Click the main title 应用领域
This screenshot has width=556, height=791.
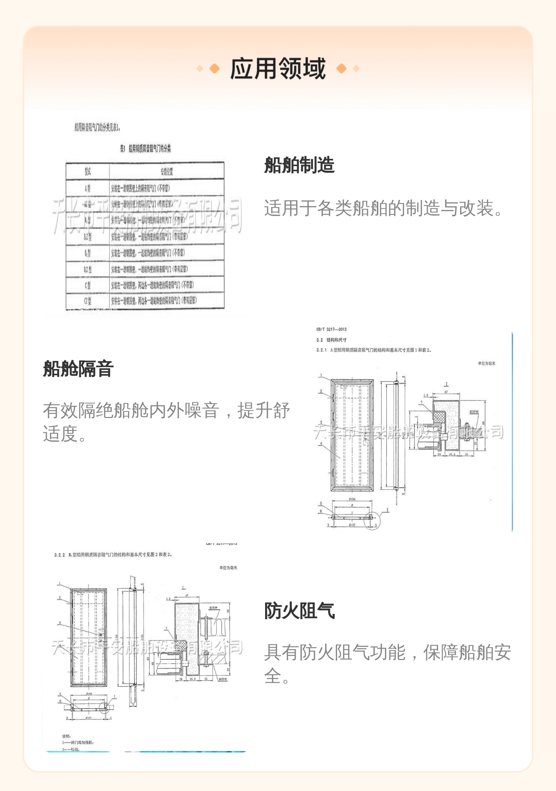(x=278, y=69)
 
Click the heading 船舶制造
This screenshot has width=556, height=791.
(x=299, y=165)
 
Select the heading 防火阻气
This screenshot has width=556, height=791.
(x=299, y=611)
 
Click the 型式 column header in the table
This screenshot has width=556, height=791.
(x=87, y=172)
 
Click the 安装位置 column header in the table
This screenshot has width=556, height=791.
(x=167, y=172)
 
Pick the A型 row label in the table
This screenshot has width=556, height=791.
(x=87, y=189)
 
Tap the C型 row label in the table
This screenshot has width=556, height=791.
(x=87, y=285)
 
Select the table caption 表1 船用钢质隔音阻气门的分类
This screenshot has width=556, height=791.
(x=145, y=149)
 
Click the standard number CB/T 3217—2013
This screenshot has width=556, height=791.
(x=331, y=329)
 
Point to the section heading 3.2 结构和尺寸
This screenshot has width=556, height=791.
(x=331, y=340)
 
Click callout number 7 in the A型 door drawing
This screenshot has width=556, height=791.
(x=421, y=403)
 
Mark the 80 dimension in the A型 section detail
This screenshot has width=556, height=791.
(x=483, y=423)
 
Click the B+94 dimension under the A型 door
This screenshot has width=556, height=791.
(x=352, y=499)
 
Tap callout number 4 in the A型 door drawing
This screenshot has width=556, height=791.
(x=321, y=444)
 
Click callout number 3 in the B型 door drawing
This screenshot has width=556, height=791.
(x=60, y=623)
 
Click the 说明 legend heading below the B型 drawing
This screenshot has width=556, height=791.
(x=66, y=736)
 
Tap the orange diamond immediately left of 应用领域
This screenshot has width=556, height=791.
(x=214, y=69)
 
